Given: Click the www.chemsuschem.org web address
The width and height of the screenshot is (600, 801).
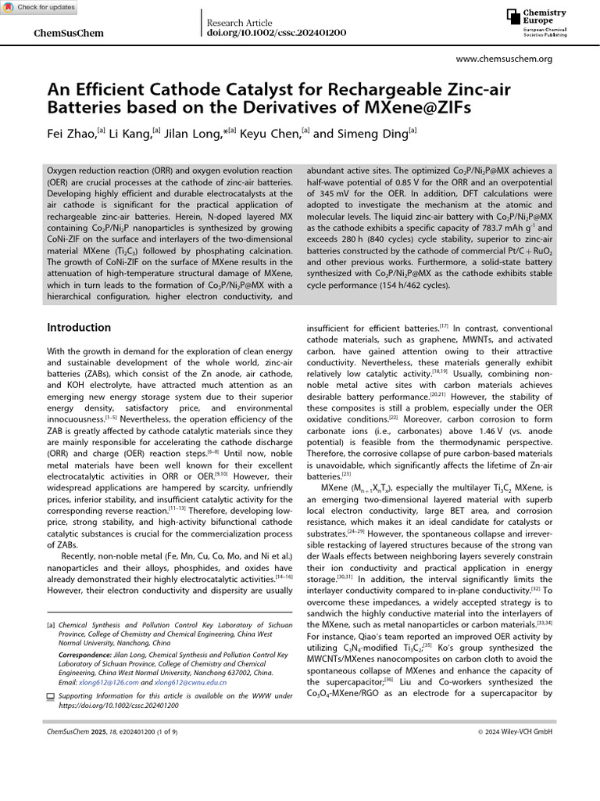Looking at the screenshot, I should pyautogui.click(x=504, y=59).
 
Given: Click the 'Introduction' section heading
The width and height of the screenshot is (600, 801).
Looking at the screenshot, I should pyautogui.click(x=79, y=327).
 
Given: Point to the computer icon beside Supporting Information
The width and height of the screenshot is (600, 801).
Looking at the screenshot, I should pyautogui.click(x=52, y=696).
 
